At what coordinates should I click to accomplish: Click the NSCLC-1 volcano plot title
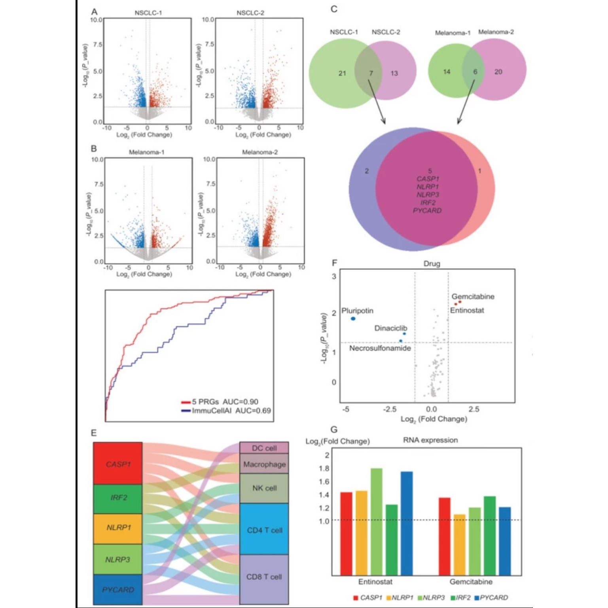coord(148,13)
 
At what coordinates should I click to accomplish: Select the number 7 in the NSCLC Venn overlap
coord(371,73)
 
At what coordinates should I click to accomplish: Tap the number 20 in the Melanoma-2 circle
coord(498,72)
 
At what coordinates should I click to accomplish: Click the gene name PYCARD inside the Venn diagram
coord(427,210)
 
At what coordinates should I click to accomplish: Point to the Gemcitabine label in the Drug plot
coord(473,296)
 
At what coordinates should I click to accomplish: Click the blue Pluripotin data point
coord(353,318)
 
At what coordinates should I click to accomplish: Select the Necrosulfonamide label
coord(380,348)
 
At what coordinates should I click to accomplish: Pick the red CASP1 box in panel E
coord(118,464)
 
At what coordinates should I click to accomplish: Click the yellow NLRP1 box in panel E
coord(118,528)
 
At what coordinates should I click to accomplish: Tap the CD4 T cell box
coord(264,530)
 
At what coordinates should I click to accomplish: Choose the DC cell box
coord(264,448)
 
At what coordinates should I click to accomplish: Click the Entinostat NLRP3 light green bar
coord(376,521)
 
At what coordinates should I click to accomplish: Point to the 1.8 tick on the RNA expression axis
coord(324,468)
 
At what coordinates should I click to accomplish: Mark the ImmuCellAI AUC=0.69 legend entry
coord(231,411)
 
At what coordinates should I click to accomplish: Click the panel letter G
coord(334,429)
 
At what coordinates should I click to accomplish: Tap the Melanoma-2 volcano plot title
coord(259,152)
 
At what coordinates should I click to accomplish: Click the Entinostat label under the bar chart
coord(375,581)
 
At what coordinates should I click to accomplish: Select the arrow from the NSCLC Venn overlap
coord(377,101)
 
